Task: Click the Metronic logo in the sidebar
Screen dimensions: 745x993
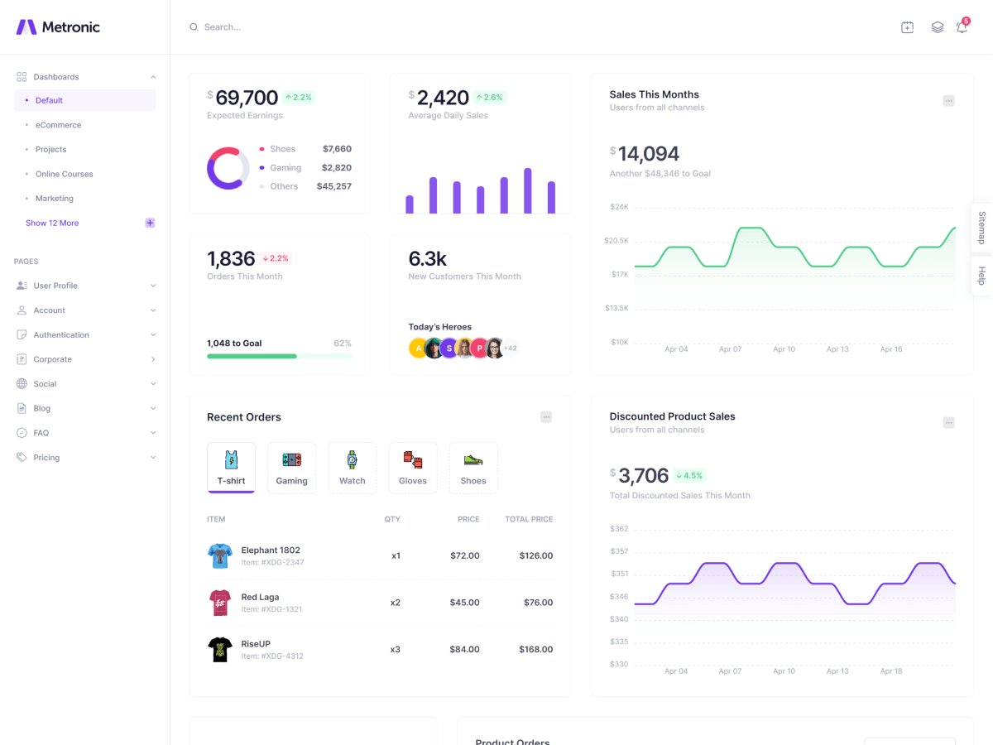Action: click(x=58, y=27)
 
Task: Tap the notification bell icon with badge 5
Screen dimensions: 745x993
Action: click(x=962, y=27)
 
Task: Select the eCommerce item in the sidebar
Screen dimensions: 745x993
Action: click(x=58, y=125)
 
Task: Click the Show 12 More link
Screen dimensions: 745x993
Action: click(x=52, y=223)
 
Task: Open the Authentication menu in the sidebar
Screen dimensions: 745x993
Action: click(x=61, y=334)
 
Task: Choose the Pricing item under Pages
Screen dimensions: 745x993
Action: click(x=46, y=457)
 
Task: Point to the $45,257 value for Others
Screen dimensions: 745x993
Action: click(x=333, y=186)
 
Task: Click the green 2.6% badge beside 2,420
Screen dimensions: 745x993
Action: click(x=489, y=98)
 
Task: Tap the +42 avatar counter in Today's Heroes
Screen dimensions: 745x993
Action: click(x=511, y=348)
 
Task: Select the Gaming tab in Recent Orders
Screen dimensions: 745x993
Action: click(x=291, y=468)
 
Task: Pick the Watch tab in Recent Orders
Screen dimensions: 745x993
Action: click(x=352, y=468)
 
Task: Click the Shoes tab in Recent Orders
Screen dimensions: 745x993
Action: click(x=473, y=468)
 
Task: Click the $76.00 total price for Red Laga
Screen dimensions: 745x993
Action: click(x=538, y=603)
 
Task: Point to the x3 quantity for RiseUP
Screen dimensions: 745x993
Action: click(x=395, y=649)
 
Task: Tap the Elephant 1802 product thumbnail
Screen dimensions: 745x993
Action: click(x=220, y=555)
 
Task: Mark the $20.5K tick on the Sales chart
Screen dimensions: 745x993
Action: click(x=616, y=240)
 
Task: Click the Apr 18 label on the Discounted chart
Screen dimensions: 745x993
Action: click(x=891, y=670)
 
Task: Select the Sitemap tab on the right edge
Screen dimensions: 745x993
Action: click(x=982, y=228)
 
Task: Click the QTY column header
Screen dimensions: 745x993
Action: click(x=392, y=519)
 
